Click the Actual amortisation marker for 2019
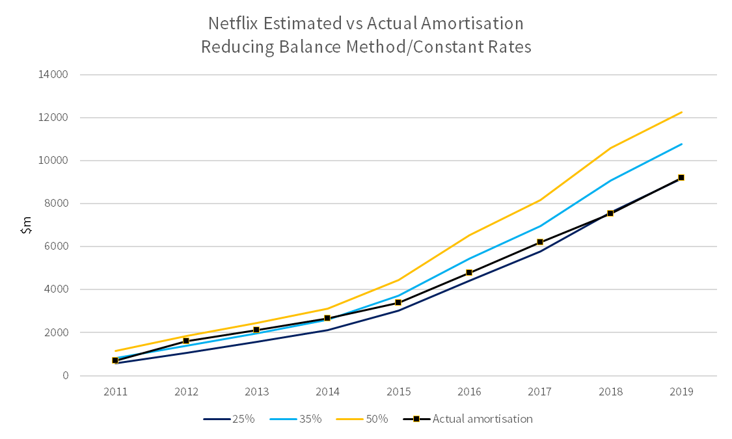click(x=681, y=178)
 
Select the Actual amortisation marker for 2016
click(x=469, y=273)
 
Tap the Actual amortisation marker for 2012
click(x=186, y=341)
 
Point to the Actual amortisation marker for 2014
click(x=327, y=318)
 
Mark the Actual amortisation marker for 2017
click(x=540, y=242)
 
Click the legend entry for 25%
click(x=229, y=419)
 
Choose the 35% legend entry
click(x=296, y=419)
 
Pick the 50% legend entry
click(x=362, y=419)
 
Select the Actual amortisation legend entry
click(x=468, y=419)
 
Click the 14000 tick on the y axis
click(x=53, y=75)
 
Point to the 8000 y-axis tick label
click(x=55, y=204)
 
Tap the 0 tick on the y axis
click(x=65, y=375)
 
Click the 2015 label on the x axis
click(x=398, y=392)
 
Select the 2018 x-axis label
click(x=610, y=392)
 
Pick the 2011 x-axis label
click(x=115, y=392)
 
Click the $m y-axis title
click(x=27, y=225)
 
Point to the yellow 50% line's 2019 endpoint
click(x=682, y=112)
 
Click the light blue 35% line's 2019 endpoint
click(x=682, y=144)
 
